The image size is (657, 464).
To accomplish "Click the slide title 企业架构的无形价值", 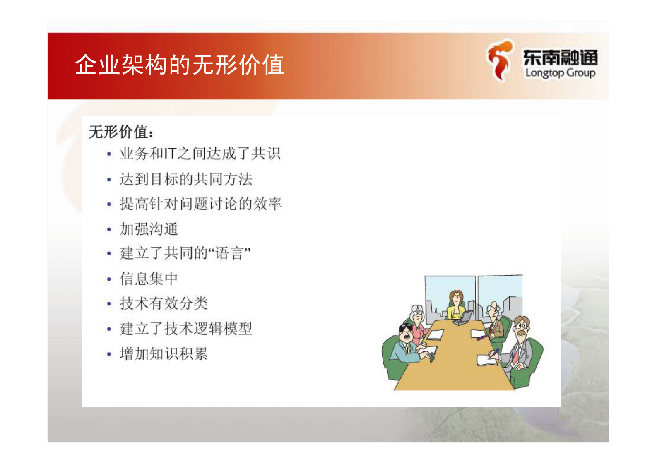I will point(179,65).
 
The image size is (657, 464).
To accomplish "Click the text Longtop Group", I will point(560,73).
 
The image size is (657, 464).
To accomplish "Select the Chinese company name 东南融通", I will point(560,58).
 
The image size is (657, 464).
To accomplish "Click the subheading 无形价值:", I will point(121,132).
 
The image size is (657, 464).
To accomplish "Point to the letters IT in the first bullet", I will point(170,154).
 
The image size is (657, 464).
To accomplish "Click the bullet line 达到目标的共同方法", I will point(186,179).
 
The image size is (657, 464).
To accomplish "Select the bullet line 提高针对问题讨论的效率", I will point(200,204).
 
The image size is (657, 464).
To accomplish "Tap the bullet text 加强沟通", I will point(149,229).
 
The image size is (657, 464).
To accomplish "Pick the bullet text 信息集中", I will point(149,279).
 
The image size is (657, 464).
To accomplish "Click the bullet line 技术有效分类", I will point(164,303).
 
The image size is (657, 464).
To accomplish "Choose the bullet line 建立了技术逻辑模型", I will point(186,329).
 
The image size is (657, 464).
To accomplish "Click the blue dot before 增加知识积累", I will point(109,354).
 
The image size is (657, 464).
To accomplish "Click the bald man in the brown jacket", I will point(495,319).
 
